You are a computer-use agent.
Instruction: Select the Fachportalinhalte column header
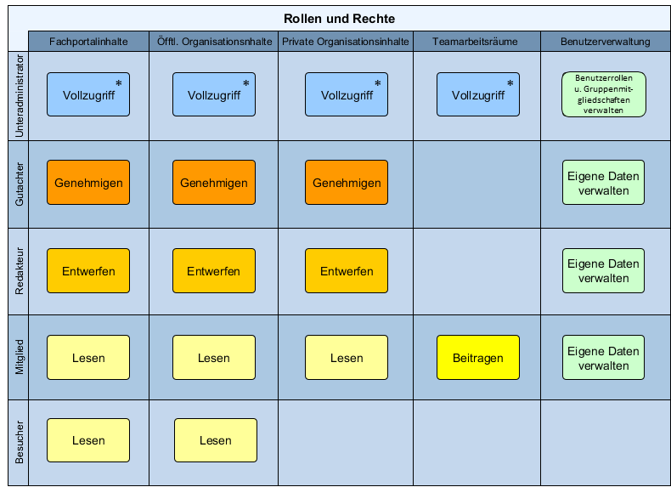(88, 42)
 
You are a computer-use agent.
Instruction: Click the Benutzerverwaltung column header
(606, 42)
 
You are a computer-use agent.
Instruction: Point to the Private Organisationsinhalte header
(346, 42)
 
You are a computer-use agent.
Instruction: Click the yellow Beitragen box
(478, 358)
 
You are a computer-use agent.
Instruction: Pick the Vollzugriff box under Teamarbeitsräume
(478, 94)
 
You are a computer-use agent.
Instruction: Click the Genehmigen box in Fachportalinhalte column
(88, 183)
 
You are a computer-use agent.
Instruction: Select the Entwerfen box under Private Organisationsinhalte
(347, 271)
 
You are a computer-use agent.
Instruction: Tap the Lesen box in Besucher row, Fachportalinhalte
(88, 440)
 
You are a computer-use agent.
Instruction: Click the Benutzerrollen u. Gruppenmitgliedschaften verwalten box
(604, 93)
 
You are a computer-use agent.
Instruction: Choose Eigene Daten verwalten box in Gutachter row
(603, 183)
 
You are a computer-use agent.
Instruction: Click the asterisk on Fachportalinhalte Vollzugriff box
(119, 83)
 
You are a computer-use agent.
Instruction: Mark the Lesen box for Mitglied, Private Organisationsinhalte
(347, 358)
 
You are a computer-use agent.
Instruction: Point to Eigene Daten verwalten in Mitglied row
(603, 358)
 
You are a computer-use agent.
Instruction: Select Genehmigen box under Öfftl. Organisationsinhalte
(214, 183)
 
